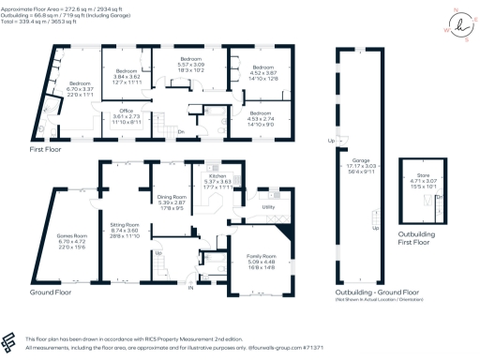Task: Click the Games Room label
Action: (x=69, y=227)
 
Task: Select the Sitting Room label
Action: (x=125, y=226)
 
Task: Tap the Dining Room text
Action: (x=172, y=197)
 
